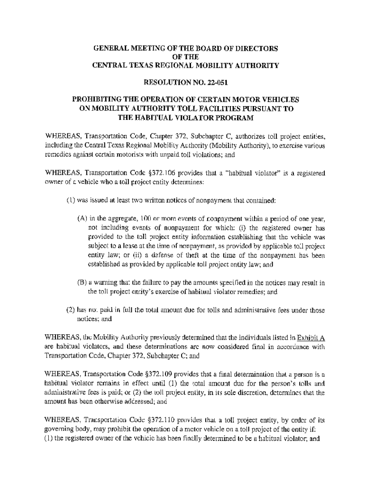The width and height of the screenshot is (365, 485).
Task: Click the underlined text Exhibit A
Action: click(310, 338)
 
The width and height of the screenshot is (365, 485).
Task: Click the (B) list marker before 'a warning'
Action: click(82, 283)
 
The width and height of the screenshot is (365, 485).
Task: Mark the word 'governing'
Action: click(61, 429)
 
